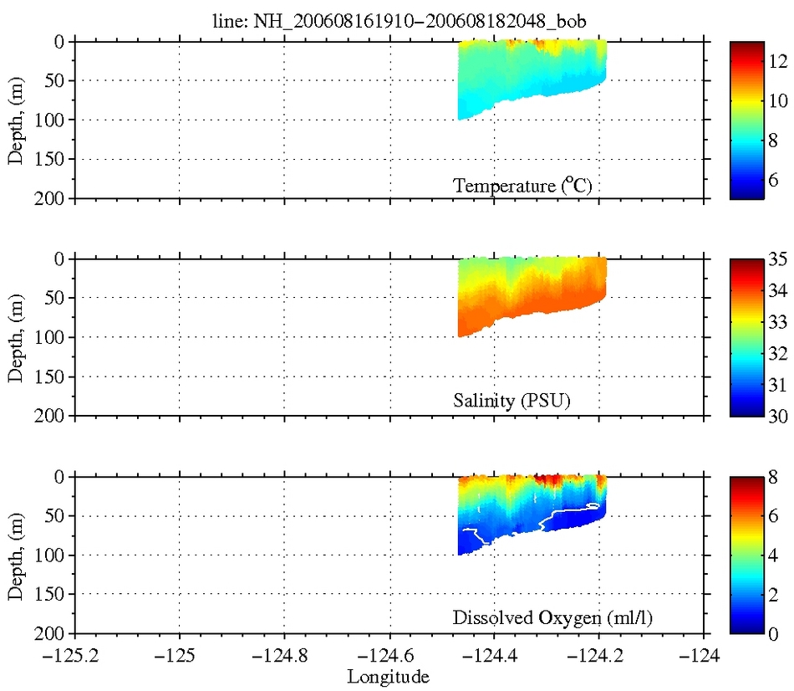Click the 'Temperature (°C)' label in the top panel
tap(523, 186)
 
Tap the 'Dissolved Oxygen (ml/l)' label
tap(552, 619)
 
